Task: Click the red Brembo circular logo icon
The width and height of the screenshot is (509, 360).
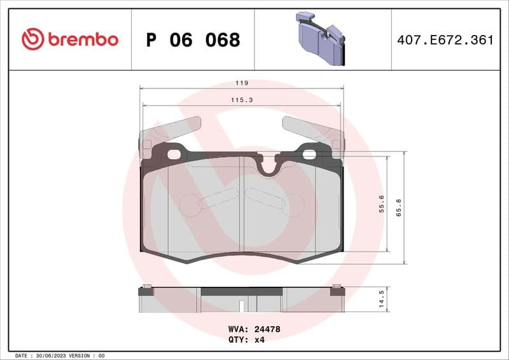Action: click(32, 39)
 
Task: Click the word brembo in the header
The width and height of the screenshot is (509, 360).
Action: click(81, 39)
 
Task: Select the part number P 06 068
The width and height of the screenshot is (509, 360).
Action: click(193, 40)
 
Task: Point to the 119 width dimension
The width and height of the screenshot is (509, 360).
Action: click(242, 83)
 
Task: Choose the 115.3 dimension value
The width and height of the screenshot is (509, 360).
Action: click(242, 100)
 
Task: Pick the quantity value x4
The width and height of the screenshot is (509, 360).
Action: click(259, 340)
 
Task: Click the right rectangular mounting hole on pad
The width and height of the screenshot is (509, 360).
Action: click(310, 153)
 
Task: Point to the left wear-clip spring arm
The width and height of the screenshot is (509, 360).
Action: click(169, 130)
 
